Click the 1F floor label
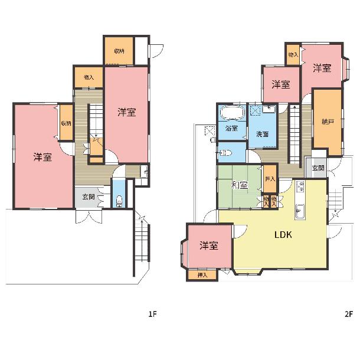pyautogui.click(x=152, y=313)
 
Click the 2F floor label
pyautogui.click(x=349, y=313)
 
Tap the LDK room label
pyautogui.click(x=283, y=235)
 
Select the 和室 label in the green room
pyautogui.click(x=240, y=185)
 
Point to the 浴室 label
pyautogui.click(x=231, y=128)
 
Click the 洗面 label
pyautogui.click(x=262, y=134)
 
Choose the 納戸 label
pyautogui.click(x=328, y=122)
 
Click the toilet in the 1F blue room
pyautogui.click(x=119, y=201)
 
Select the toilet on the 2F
pyautogui.click(x=225, y=153)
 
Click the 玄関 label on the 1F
pyautogui.click(x=89, y=197)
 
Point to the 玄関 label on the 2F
pyautogui.click(x=318, y=168)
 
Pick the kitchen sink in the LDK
pyautogui.click(x=300, y=211)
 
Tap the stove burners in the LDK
pyautogui.click(x=300, y=186)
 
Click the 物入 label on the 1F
pyautogui.click(x=89, y=77)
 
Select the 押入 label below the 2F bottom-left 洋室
pyautogui.click(x=202, y=275)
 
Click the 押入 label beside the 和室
pyautogui.click(x=270, y=178)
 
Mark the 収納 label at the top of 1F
pyautogui.click(x=119, y=51)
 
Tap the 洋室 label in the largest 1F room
pyautogui.click(x=42, y=157)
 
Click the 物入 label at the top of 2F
pyautogui.click(x=293, y=54)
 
